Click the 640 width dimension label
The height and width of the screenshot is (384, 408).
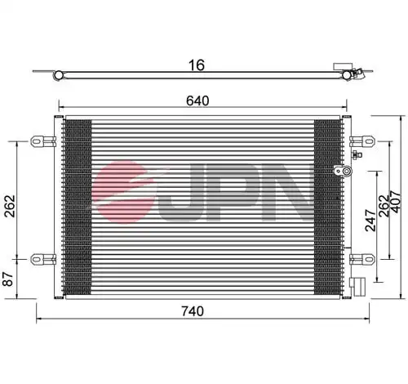tap(197, 100)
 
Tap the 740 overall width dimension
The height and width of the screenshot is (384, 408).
tap(193, 311)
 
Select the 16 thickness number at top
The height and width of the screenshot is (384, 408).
tap(197, 65)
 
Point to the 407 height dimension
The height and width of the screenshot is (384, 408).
tap(395, 202)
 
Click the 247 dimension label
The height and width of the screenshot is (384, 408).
tap(370, 220)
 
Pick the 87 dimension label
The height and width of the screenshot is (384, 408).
tap(8, 279)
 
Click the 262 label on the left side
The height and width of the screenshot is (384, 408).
tap(10, 206)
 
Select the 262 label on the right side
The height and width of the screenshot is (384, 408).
tap(384, 206)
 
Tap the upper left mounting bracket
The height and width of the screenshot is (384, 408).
tap(43, 141)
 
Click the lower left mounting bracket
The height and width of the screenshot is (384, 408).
tap(43, 259)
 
